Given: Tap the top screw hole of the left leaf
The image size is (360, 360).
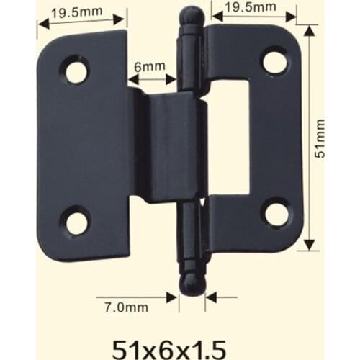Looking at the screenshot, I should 76,70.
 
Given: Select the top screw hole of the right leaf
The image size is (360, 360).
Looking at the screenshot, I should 274,61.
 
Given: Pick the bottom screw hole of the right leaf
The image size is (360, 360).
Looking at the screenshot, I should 274,213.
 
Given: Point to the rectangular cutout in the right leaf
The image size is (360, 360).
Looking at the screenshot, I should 228,137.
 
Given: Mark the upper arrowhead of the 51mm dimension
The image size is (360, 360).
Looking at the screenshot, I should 309,31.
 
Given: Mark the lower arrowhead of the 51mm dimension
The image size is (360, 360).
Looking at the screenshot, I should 309,244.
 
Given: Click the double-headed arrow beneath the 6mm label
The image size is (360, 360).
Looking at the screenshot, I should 152,80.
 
